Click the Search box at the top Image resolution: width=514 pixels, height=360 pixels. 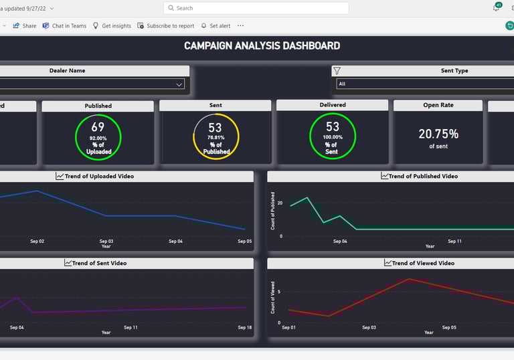pyautogui.click(x=256, y=8)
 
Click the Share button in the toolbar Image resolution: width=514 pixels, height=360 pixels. pyautogui.click(x=25, y=26)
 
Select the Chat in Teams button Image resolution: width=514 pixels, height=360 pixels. pyautogui.click(x=64, y=26)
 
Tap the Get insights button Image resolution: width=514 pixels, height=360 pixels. pyautogui.click(x=112, y=26)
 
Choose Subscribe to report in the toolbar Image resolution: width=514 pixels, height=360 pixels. pyautogui.click(x=165, y=26)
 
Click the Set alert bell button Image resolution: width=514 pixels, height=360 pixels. pyautogui.click(x=216, y=26)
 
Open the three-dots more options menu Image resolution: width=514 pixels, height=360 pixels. pyautogui.click(x=240, y=26)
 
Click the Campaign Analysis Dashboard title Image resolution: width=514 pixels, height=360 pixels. pyautogui.click(x=262, y=46)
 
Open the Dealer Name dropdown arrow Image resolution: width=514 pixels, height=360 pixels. pyautogui.click(x=179, y=84)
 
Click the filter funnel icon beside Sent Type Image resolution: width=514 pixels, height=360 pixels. pyautogui.click(x=337, y=71)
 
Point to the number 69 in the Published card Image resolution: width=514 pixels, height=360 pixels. pyautogui.click(x=98, y=127)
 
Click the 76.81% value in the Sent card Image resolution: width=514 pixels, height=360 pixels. pyautogui.click(x=216, y=138)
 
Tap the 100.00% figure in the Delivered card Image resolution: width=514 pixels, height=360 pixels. pyautogui.click(x=332, y=138)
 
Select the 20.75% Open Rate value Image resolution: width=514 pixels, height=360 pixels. pyautogui.click(x=438, y=134)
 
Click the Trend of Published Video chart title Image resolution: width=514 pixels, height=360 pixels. pyautogui.click(x=423, y=177)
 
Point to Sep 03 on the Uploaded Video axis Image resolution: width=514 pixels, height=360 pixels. pyautogui.click(x=106, y=242)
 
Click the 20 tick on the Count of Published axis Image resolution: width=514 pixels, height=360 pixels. pyautogui.click(x=280, y=203)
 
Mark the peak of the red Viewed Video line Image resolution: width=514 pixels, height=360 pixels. pyautogui.click(x=409, y=279)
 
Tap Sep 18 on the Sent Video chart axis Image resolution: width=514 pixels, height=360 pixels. pyautogui.click(x=244, y=328)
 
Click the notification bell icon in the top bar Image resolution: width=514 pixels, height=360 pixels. pyautogui.click(x=496, y=7)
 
